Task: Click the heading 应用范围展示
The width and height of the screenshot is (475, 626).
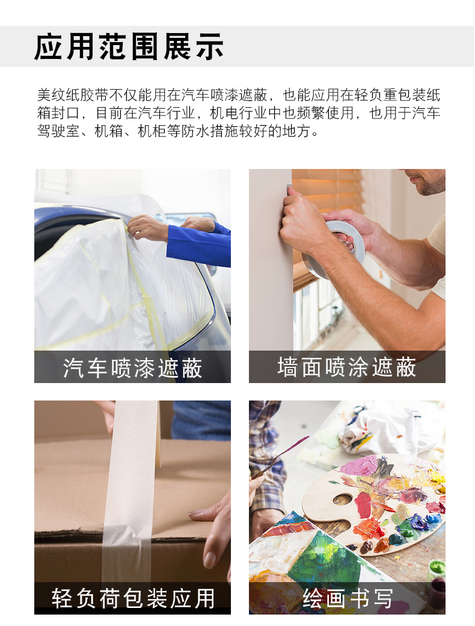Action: (x=129, y=47)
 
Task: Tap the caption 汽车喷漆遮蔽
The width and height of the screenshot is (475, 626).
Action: (x=132, y=367)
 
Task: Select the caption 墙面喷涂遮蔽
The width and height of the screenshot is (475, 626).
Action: (x=347, y=367)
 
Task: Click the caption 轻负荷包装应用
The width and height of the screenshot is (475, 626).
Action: (x=133, y=598)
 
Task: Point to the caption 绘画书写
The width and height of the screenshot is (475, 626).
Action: (x=348, y=598)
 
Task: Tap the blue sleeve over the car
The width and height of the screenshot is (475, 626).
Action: (x=198, y=244)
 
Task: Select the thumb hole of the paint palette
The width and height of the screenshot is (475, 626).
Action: (x=343, y=500)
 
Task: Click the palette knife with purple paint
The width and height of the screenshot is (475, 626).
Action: (x=280, y=456)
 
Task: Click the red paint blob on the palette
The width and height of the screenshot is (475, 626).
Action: (x=363, y=505)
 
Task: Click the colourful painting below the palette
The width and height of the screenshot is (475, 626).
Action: (x=307, y=559)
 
